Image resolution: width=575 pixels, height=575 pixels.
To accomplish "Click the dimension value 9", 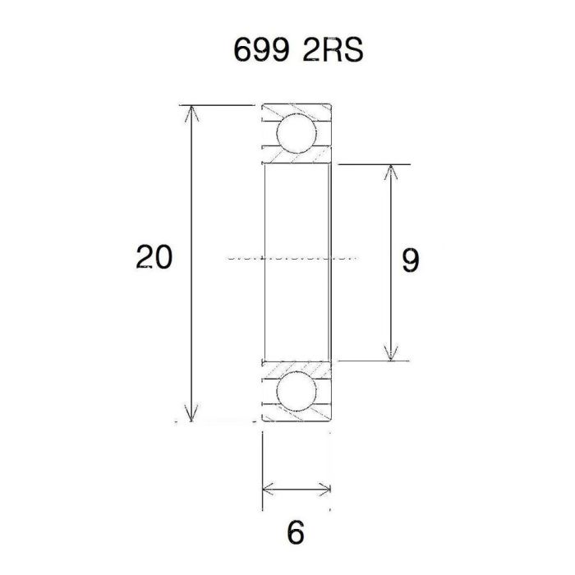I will pos(411,261).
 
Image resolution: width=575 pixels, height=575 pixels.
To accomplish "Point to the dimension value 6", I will pos(296,533).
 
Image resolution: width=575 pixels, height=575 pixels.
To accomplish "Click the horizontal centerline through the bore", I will pos(287,257).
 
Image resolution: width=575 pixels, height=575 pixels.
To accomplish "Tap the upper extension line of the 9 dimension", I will pos(370,164).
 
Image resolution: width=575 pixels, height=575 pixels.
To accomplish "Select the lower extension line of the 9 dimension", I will pos(370,360).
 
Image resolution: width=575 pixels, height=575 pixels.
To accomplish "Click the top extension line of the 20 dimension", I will pos(218,105).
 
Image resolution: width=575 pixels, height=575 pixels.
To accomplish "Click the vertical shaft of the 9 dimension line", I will pos(389,214).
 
